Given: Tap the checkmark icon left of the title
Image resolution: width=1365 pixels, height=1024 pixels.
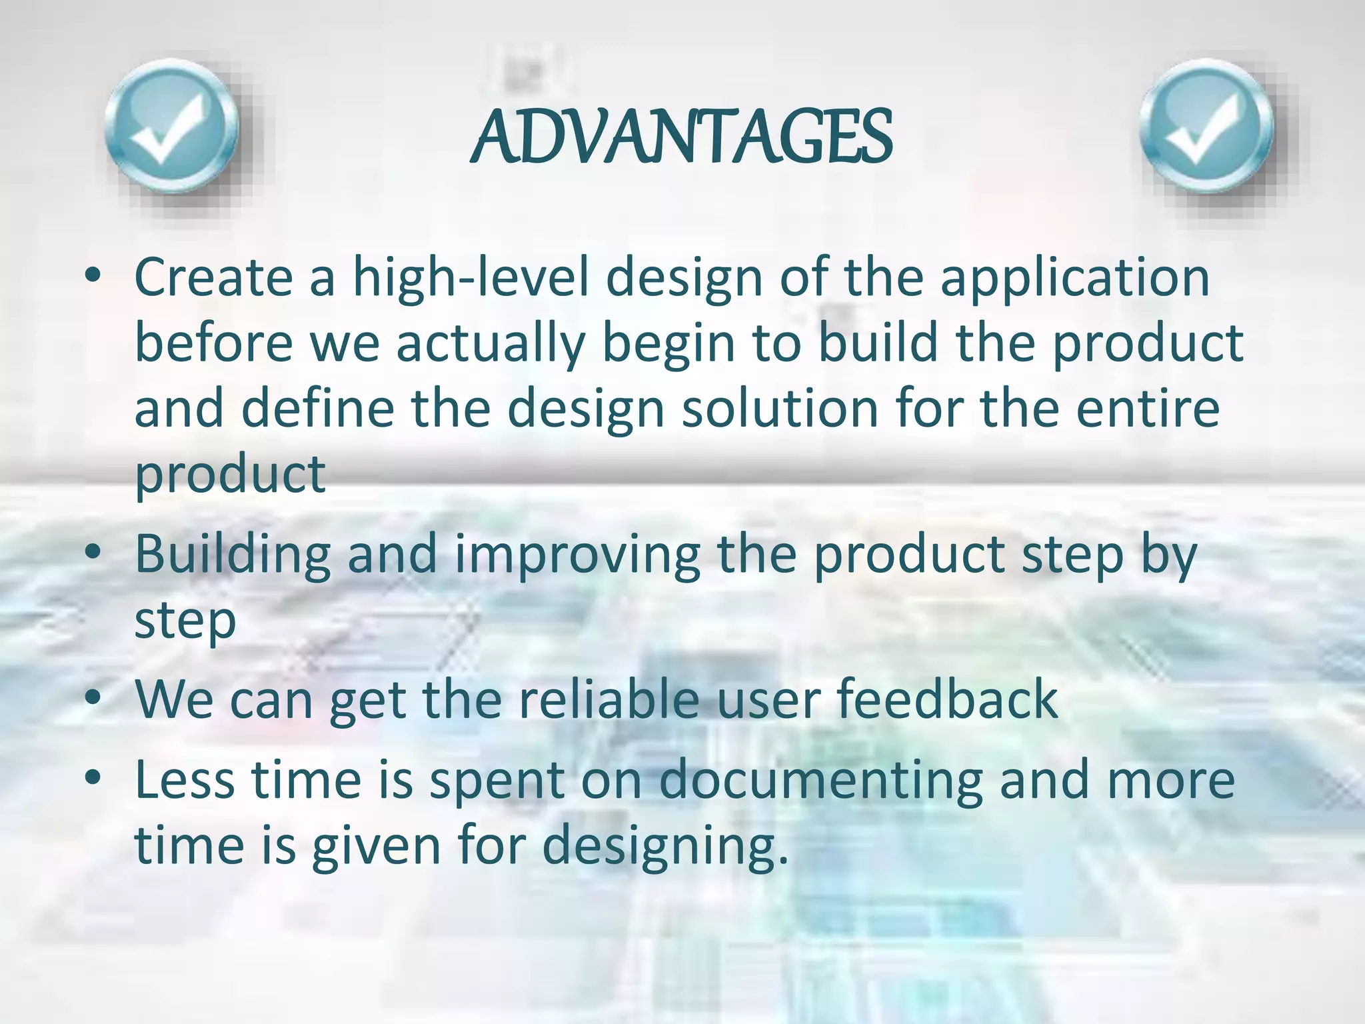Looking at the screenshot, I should [x=172, y=127].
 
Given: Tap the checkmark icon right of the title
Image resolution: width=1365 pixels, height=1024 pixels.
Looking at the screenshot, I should [x=1206, y=127].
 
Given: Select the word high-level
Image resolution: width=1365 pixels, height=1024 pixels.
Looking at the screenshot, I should [x=471, y=279].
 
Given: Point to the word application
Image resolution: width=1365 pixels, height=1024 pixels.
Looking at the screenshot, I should [x=1074, y=279].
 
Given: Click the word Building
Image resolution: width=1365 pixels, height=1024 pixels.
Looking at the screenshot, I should [x=233, y=555].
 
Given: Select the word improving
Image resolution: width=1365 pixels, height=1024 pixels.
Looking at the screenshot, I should [x=577, y=555].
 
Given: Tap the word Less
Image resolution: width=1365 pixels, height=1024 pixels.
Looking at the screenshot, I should [x=184, y=780].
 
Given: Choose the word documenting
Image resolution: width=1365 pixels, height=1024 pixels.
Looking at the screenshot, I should [x=820, y=780].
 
